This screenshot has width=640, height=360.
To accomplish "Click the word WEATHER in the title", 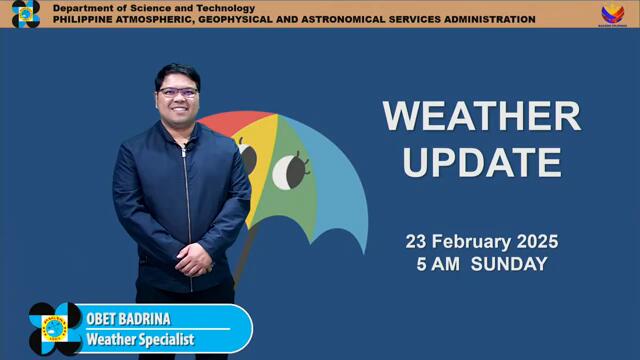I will [481, 116].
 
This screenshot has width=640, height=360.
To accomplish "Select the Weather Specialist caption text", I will [140, 340].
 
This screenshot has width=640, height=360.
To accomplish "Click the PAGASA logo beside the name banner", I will [54, 328].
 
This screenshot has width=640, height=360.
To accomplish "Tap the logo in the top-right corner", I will [612, 14].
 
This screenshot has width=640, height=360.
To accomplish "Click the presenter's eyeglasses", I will [178, 93].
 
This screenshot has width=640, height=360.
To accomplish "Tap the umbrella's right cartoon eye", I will [290, 171].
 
